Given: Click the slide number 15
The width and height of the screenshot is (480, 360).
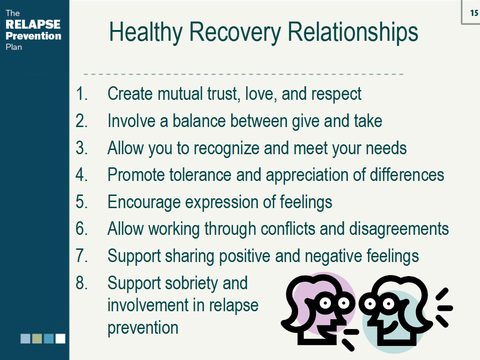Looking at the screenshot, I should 474,14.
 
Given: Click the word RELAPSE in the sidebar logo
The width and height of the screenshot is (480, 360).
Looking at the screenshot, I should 33,24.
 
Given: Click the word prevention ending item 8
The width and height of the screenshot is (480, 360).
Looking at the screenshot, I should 143,328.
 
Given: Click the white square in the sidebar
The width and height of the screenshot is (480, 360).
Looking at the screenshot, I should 60,338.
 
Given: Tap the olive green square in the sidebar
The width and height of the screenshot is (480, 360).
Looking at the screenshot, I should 37,338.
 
